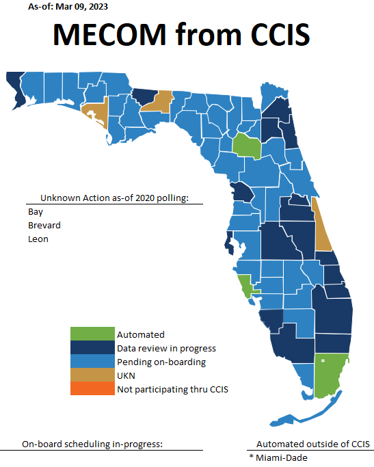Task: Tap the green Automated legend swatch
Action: click(x=92, y=334)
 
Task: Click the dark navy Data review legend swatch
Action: click(x=92, y=348)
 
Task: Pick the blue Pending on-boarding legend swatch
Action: click(x=92, y=362)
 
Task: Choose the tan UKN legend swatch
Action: click(x=92, y=375)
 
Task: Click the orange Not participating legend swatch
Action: click(x=92, y=389)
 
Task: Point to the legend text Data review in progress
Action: click(x=166, y=348)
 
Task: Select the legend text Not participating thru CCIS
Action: click(x=172, y=389)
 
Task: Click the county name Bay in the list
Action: click(x=36, y=211)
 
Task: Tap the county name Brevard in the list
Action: click(x=44, y=225)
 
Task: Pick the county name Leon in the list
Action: click(x=38, y=239)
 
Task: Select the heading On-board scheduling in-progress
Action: click(x=92, y=444)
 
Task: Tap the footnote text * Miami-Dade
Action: click(x=278, y=457)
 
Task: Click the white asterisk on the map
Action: click(x=323, y=360)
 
